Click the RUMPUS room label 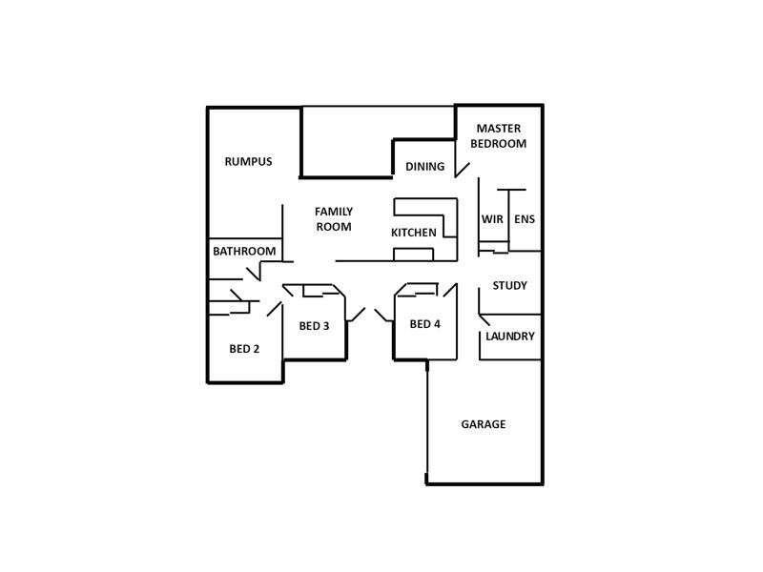click(248, 161)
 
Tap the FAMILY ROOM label click(334, 219)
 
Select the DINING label click(424, 167)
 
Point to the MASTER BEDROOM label click(498, 135)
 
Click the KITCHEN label click(414, 233)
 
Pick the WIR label click(492, 219)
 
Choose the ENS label click(525, 219)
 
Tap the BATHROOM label click(244, 252)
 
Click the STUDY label click(509, 285)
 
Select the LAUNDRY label click(509, 337)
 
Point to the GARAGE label click(483, 424)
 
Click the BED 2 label click(244, 349)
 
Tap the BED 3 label click(314, 326)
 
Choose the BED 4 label click(424, 324)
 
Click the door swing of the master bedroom click(462, 170)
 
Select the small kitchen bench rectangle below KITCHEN click(414, 254)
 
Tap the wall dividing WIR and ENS click(510, 219)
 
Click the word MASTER click(498, 128)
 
